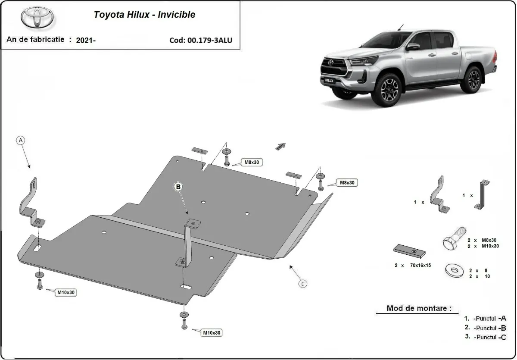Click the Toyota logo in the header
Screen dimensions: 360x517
37,17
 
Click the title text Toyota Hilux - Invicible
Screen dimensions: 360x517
144,15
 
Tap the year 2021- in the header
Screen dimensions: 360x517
86,40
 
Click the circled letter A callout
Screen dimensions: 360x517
21,140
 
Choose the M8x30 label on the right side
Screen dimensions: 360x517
347,183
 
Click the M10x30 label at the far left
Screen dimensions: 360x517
66,292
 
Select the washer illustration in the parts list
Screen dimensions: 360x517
454,270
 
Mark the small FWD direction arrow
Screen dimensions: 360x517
280,146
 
